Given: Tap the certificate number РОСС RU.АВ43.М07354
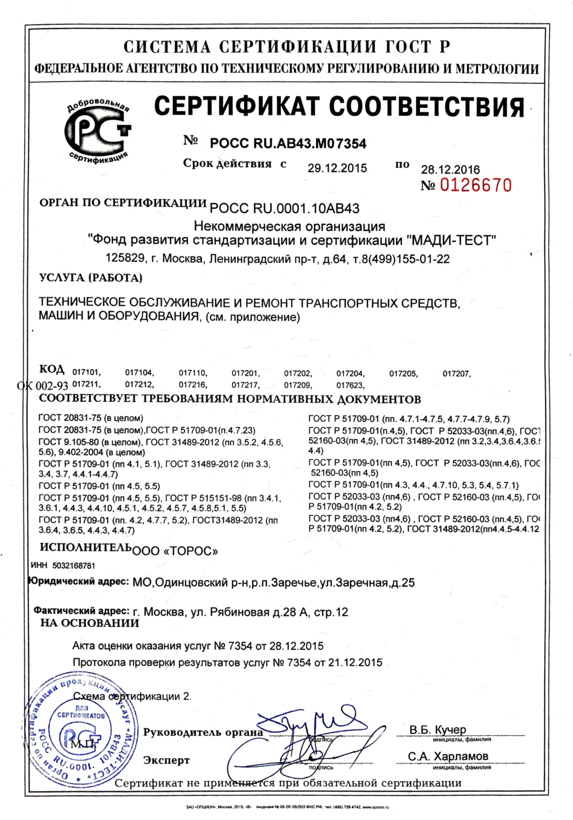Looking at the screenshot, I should (288, 144).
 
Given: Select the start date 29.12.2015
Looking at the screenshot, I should (337, 168).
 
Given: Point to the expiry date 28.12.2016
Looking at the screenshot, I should (450, 169).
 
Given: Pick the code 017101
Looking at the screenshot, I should (87, 373).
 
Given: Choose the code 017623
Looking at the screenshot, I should (350, 385).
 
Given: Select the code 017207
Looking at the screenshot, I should (456, 374).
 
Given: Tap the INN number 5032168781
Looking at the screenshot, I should (74, 566).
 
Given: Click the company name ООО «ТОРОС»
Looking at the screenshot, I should (175, 551).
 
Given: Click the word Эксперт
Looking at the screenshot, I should (166, 760).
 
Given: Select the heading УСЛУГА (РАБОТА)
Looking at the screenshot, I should (91, 277).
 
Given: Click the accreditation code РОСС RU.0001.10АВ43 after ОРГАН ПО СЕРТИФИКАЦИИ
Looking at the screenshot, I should (284, 208).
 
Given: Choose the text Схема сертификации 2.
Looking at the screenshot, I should (132, 696).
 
